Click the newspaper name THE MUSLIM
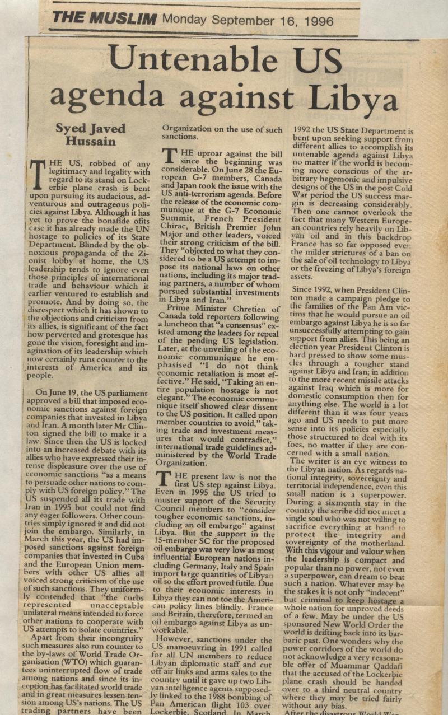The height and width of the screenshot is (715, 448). tap(104, 18)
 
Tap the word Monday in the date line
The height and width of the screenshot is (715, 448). tap(185, 21)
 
